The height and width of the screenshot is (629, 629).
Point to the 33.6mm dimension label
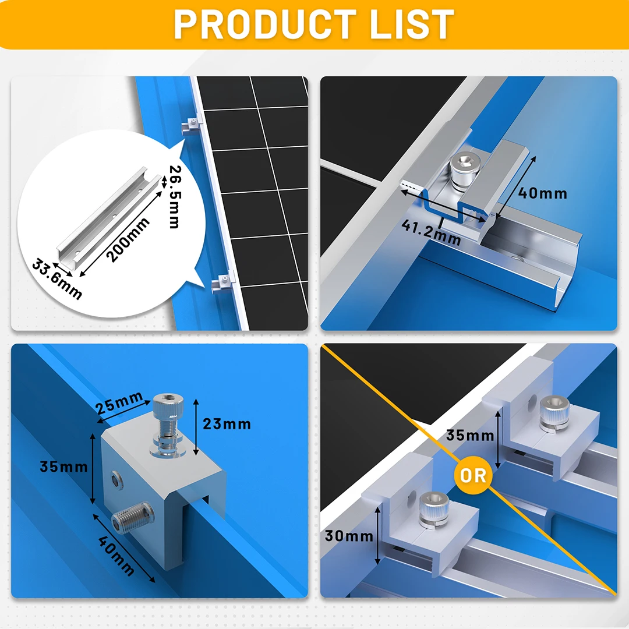[x=56, y=280]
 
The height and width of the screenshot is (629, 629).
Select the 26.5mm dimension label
[x=174, y=197]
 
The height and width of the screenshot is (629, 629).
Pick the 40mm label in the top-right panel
[x=543, y=193]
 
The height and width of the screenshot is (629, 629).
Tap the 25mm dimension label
[x=120, y=403]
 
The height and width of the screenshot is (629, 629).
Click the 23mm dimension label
[x=227, y=423]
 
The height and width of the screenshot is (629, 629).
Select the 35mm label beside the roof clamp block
[x=63, y=466]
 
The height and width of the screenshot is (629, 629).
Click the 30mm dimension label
[x=349, y=535]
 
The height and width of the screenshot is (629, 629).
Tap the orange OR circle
[x=473, y=475]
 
